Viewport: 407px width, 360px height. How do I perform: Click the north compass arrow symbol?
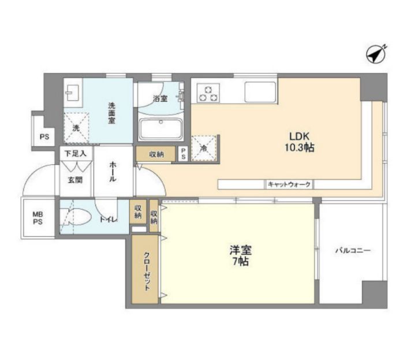click(376, 54)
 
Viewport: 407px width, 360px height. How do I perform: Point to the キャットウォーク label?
click(289, 184)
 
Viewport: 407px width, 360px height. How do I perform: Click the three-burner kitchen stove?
click(209, 92)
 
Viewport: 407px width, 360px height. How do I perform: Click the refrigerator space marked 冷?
click(204, 147)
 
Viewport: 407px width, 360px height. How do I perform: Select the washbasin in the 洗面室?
click(72, 93)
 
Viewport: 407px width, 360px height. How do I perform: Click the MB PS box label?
click(38, 217)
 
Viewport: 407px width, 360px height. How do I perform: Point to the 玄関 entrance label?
click(75, 180)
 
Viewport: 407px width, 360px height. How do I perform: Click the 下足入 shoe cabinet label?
click(76, 154)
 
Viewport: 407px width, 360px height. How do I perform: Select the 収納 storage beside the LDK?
click(156, 154)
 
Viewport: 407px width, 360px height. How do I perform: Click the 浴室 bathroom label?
click(160, 99)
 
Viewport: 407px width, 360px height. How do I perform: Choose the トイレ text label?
click(108, 220)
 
